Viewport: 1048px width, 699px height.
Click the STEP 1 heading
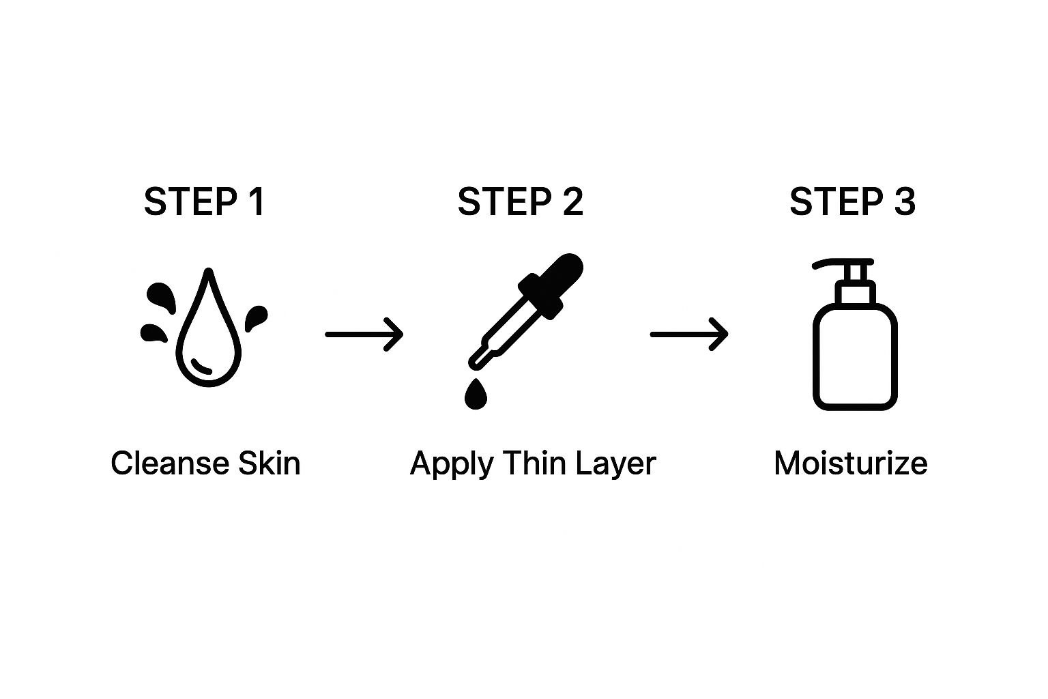(x=205, y=202)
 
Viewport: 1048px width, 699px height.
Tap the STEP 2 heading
(x=521, y=202)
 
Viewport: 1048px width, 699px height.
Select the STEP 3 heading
(x=852, y=202)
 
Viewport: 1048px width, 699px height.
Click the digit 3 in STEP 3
(x=904, y=202)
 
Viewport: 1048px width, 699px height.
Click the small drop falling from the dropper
(x=476, y=394)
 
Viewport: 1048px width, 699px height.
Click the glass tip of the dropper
(x=480, y=358)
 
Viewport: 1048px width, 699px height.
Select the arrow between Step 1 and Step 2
(x=364, y=334)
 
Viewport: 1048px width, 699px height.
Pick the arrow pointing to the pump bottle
(x=689, y=334)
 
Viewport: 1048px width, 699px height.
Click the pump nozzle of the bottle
(x=842, y=265)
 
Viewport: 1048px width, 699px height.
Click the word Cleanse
(x=170, y=463)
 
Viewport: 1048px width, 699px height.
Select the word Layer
(x=615, y=464)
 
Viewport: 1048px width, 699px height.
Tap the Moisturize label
(x=851, y=463)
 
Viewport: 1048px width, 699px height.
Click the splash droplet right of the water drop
(x=257, y=317)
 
